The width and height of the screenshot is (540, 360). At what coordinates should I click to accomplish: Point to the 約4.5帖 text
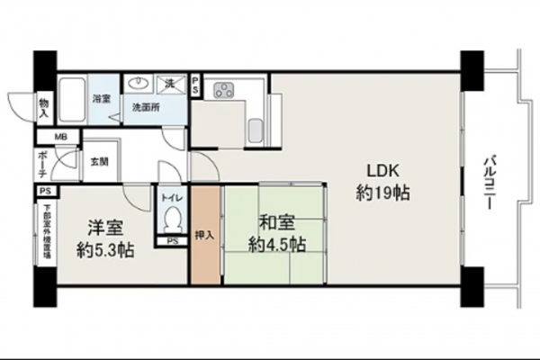click(278, 244)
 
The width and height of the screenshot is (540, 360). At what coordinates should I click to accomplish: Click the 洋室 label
click(104, 228)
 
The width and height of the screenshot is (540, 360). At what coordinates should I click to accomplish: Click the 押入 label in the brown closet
click(204, 236)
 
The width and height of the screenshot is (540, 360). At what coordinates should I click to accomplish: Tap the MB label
click(61, 138)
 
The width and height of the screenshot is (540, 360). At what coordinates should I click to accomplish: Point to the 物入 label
click(43, 106)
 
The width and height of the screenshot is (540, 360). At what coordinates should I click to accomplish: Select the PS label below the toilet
click(172, 241)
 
